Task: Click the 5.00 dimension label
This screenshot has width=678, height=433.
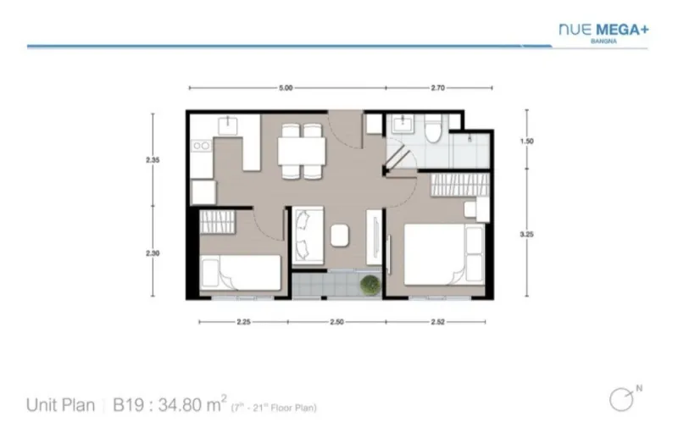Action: coord(286,88)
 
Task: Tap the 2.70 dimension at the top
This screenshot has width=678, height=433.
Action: coord(437,88)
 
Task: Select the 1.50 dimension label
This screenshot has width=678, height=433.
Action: coord(526,141)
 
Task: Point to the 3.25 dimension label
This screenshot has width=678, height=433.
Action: coord(526,234)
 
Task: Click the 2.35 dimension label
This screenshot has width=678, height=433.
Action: coord(153,160)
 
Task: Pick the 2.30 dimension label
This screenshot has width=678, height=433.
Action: coord(153,253)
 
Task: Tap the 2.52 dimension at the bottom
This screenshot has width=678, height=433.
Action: coord(437,322)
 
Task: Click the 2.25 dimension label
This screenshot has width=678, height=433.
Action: coord(243,322)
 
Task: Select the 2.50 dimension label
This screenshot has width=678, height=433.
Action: coord(336,322)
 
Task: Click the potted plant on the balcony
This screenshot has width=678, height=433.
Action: coord(370,285)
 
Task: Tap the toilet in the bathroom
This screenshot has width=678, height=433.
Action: coord(432,129)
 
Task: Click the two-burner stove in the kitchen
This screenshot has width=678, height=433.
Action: coord(202,146)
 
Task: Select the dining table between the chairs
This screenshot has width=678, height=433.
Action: coord(302,151)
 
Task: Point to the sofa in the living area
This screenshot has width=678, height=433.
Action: coord(308,236)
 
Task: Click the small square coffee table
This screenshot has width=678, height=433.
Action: coord(340,236)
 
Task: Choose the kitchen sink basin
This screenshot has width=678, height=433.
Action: coord(227,125)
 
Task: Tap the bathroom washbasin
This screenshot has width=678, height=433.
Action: coord(403,124)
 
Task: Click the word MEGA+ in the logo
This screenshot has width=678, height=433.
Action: coord(623,30)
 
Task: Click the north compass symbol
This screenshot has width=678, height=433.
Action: coord(622,399)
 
